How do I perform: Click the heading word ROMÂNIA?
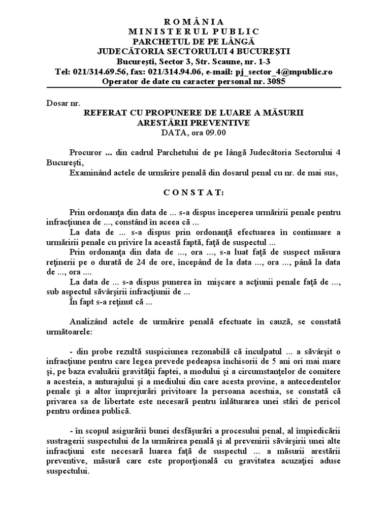click(x=194, y=21)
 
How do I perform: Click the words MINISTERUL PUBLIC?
click(x=194, y=31)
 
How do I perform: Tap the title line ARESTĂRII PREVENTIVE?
click(x=194, y=123)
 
